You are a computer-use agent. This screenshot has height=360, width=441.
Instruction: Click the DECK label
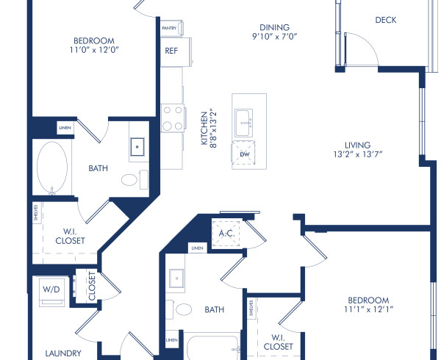[385, 20]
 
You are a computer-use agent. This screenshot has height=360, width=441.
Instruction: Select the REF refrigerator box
[171, 52]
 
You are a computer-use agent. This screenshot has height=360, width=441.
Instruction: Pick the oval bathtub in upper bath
[52, 168]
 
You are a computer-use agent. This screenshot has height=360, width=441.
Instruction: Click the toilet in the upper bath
[132, 179]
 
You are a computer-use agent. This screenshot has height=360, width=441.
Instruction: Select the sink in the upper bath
[138, 148]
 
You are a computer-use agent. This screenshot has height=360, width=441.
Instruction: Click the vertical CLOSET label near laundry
[92, 287]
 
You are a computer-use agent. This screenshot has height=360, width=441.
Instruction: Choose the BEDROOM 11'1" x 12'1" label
[368, 305]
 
